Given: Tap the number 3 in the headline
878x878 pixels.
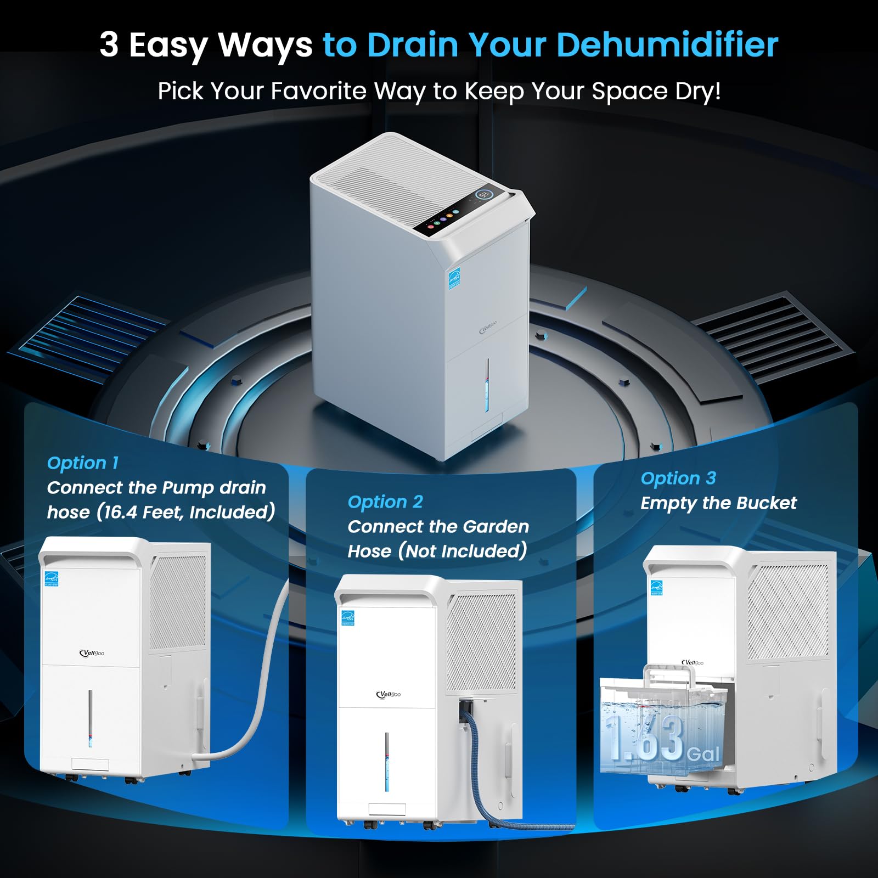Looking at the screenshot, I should (109, 44).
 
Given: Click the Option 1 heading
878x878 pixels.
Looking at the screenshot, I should (83, 463).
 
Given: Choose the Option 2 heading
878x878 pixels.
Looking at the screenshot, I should (385, 502).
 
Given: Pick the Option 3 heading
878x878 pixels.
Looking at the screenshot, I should (678, 478).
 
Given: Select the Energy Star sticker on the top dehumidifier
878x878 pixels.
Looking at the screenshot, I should (454, 278).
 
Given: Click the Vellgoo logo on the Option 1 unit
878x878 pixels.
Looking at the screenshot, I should (92, 653).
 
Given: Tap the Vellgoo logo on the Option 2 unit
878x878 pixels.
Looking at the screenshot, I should (389, 695).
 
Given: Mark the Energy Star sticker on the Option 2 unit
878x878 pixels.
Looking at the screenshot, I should (348, 618).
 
